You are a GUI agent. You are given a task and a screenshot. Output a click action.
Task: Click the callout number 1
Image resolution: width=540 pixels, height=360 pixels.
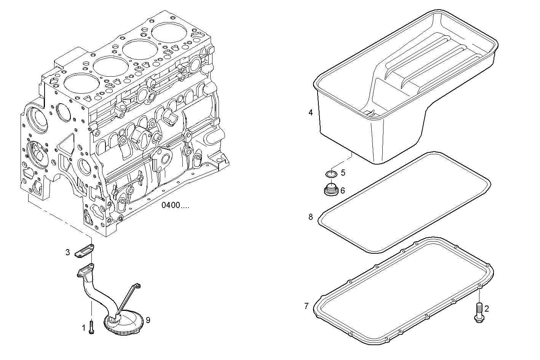coord(84,327)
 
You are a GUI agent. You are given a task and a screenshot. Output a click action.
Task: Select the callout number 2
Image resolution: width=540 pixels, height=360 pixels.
coord(486,309)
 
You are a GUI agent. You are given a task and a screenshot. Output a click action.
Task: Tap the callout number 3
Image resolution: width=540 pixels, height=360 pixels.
coord(67,252)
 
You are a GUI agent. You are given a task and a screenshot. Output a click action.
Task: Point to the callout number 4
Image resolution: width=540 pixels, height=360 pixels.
coord(311,112)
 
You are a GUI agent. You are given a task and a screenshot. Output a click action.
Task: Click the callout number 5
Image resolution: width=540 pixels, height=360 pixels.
coord(343,173)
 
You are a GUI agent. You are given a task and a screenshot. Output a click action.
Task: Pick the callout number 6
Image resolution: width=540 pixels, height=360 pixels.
coord(342,190)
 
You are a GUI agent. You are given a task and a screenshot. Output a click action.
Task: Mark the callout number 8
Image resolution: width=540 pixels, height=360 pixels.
coord(311,217)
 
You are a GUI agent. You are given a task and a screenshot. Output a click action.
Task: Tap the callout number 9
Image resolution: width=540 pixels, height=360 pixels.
coord(148,320)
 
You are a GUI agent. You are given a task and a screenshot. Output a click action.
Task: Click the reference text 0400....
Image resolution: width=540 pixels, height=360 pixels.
coord(175,206)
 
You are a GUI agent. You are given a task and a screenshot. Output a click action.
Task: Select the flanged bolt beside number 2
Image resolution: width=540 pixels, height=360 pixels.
coord(479,309)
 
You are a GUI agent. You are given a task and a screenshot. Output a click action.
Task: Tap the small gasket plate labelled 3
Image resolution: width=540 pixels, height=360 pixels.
coord(84,251)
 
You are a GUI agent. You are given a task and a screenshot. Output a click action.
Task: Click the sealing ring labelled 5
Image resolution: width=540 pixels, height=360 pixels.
coord(331,174)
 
